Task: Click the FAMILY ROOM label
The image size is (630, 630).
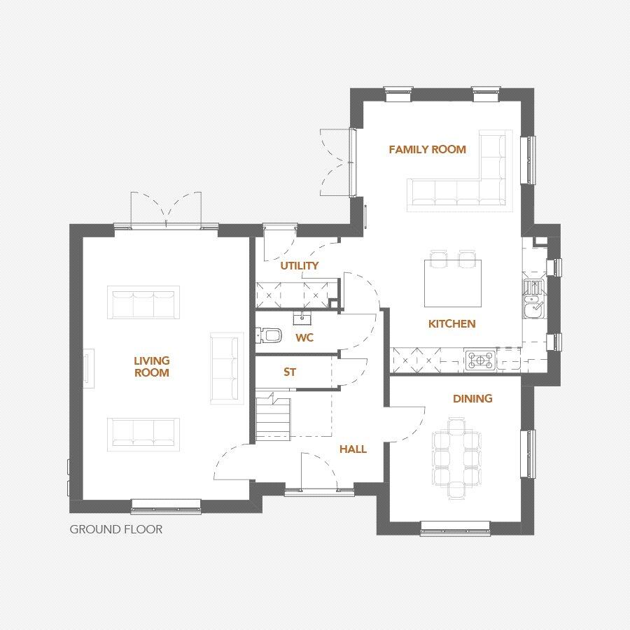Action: point(427,149)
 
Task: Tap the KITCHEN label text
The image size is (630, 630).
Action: point(452,323)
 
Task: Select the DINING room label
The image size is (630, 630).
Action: point(472,398)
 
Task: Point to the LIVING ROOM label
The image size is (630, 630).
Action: point(152,367)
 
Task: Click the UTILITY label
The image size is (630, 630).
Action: point(300,265)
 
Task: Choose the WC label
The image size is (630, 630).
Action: point(304,337)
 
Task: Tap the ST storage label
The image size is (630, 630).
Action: point(290,372)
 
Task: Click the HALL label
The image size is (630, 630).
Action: point(353,449)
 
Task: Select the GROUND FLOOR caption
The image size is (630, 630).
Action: point(115,529)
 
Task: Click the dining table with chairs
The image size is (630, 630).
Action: point(456,458)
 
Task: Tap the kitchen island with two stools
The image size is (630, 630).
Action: point(453,282)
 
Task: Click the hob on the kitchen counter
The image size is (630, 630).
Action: point(480,360)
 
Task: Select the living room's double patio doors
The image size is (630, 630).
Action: point(166,210)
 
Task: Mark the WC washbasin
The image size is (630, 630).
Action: point(302,319)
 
